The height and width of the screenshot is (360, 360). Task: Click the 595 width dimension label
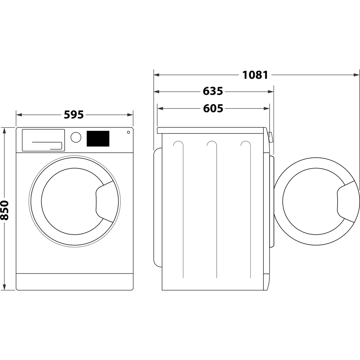tap(74, 115)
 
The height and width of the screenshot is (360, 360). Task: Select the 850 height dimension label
tap(5, 210)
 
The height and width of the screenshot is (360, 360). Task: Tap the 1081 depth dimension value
tap(255, 75)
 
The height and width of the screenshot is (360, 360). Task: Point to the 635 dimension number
tap(213, 91)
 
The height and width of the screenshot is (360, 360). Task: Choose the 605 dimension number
tap(213, 108)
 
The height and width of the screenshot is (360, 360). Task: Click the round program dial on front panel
tap(76, 137)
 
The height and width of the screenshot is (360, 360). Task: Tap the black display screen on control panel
tap(98, 139)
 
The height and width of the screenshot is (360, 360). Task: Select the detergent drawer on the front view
tap(43, 140)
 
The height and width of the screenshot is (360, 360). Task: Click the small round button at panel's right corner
tap(128, 132)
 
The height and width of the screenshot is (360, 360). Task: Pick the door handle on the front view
tap(104, 202)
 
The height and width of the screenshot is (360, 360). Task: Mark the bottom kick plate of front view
tap(75, 282)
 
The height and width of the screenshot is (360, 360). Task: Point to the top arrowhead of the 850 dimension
tap(5, 130)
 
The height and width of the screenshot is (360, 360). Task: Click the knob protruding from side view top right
tap(270, 136)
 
